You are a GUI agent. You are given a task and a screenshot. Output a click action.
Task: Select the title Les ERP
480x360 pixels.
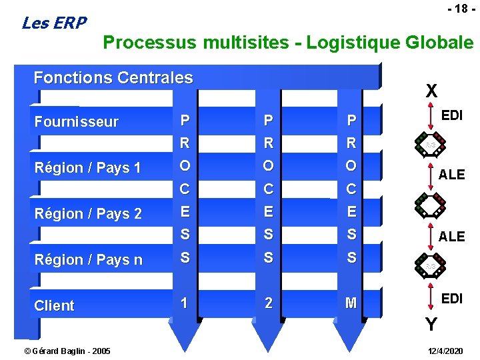54,23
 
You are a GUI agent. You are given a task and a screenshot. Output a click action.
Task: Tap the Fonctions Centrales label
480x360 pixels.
113,78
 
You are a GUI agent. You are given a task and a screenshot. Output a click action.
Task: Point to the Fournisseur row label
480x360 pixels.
76,122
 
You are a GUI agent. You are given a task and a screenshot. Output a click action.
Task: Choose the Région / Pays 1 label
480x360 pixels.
87,168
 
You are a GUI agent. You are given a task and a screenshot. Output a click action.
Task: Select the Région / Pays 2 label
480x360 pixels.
88,214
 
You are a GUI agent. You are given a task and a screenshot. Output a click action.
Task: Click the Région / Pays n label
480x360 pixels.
88,260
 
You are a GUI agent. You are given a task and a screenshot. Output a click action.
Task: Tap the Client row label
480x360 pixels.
54,306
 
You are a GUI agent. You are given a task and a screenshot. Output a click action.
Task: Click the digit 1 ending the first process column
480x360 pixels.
185,303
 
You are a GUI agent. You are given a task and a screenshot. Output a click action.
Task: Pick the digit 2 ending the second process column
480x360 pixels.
268,303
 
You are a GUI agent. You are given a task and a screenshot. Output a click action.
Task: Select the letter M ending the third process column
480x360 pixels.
351,303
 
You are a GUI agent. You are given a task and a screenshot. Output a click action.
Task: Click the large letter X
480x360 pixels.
432,91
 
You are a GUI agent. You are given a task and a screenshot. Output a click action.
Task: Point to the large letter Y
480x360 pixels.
432,325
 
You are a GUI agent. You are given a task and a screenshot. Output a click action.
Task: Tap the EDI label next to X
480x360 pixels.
452,115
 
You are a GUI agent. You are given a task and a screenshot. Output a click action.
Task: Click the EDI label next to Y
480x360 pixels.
452,299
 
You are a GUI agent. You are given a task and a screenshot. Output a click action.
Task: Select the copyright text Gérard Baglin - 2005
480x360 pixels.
58,351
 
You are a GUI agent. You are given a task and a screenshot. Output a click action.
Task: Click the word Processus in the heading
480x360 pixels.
150,43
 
